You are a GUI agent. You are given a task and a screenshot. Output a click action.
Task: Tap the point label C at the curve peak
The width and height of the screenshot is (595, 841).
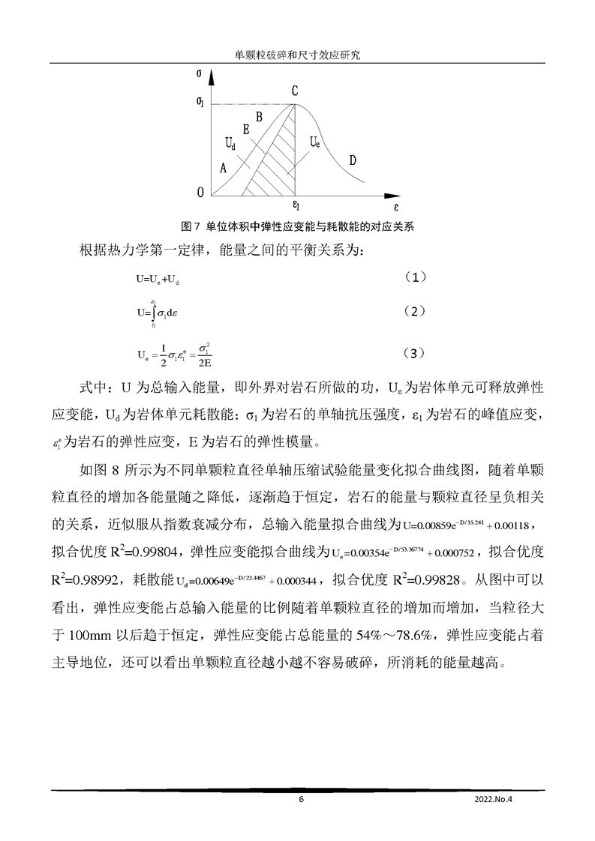(x=296, y=91)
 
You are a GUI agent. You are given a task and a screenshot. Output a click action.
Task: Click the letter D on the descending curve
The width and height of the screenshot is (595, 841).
(x=352, y=160)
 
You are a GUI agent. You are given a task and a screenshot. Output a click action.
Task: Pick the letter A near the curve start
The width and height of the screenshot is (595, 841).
(x=223, y=169)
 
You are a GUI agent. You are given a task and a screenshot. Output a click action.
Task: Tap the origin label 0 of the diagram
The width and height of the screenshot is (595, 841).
(x=200, y=193)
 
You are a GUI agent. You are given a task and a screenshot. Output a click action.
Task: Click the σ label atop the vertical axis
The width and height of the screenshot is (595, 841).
(x=197, y=73)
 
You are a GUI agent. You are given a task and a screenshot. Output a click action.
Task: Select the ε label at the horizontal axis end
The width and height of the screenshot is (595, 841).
(x=396, y=203)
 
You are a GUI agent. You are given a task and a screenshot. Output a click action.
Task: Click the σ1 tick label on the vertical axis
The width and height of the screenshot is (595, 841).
(x=199, y=103)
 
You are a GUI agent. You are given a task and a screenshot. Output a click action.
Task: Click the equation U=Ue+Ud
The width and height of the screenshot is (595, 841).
(x=158, y=279)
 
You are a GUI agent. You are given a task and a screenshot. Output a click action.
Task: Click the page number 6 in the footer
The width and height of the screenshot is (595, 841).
(x=301, y=799)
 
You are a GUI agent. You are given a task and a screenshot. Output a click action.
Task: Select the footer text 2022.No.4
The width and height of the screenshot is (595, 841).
(x=497, y=799)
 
